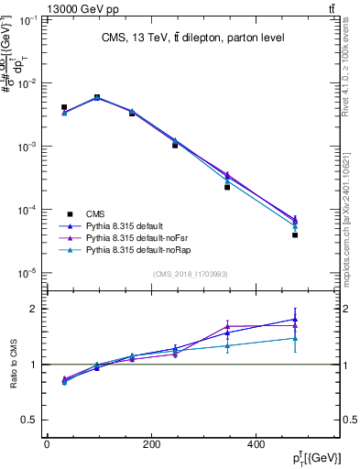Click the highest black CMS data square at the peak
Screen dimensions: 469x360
click(x=97, y=97)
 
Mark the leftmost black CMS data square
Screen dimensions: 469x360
click(x=64, y=107)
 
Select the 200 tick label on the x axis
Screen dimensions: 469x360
click(x=151, y=443)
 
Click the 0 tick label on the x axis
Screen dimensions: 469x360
click(x=47, y=443)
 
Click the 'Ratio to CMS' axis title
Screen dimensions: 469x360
click(x=14, y=365)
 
